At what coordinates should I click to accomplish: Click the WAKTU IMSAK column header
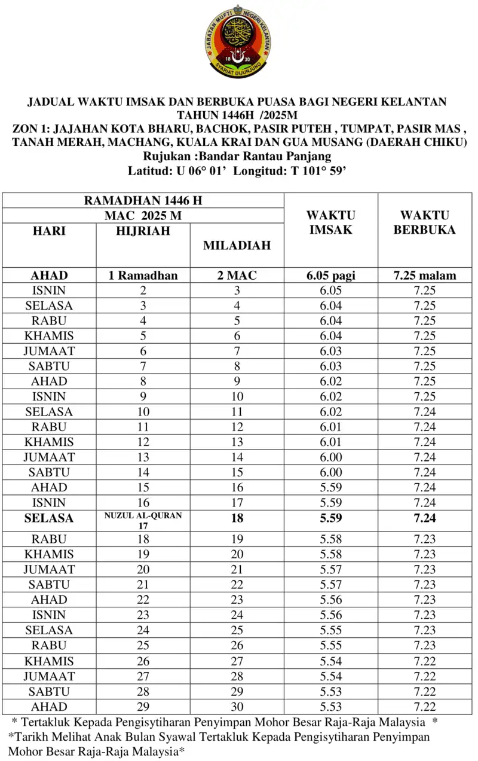click(330, 222)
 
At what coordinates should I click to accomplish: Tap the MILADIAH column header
click(237, 245)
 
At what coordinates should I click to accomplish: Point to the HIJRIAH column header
click(143, 231)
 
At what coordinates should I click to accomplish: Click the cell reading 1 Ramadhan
click(143, 276)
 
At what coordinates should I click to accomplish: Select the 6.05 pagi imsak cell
click(330, 276)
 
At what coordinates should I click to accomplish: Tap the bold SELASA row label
click(49, 518)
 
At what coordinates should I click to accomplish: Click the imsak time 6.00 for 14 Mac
click(330, 457)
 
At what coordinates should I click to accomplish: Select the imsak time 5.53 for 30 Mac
click(330, 707)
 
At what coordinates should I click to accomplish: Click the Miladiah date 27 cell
click(237, 661)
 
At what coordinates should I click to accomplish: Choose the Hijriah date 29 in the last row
click(143, 707)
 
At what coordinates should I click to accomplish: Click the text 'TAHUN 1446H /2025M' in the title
click(238, 115)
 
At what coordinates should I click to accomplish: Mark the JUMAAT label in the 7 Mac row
click(49, 351)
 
